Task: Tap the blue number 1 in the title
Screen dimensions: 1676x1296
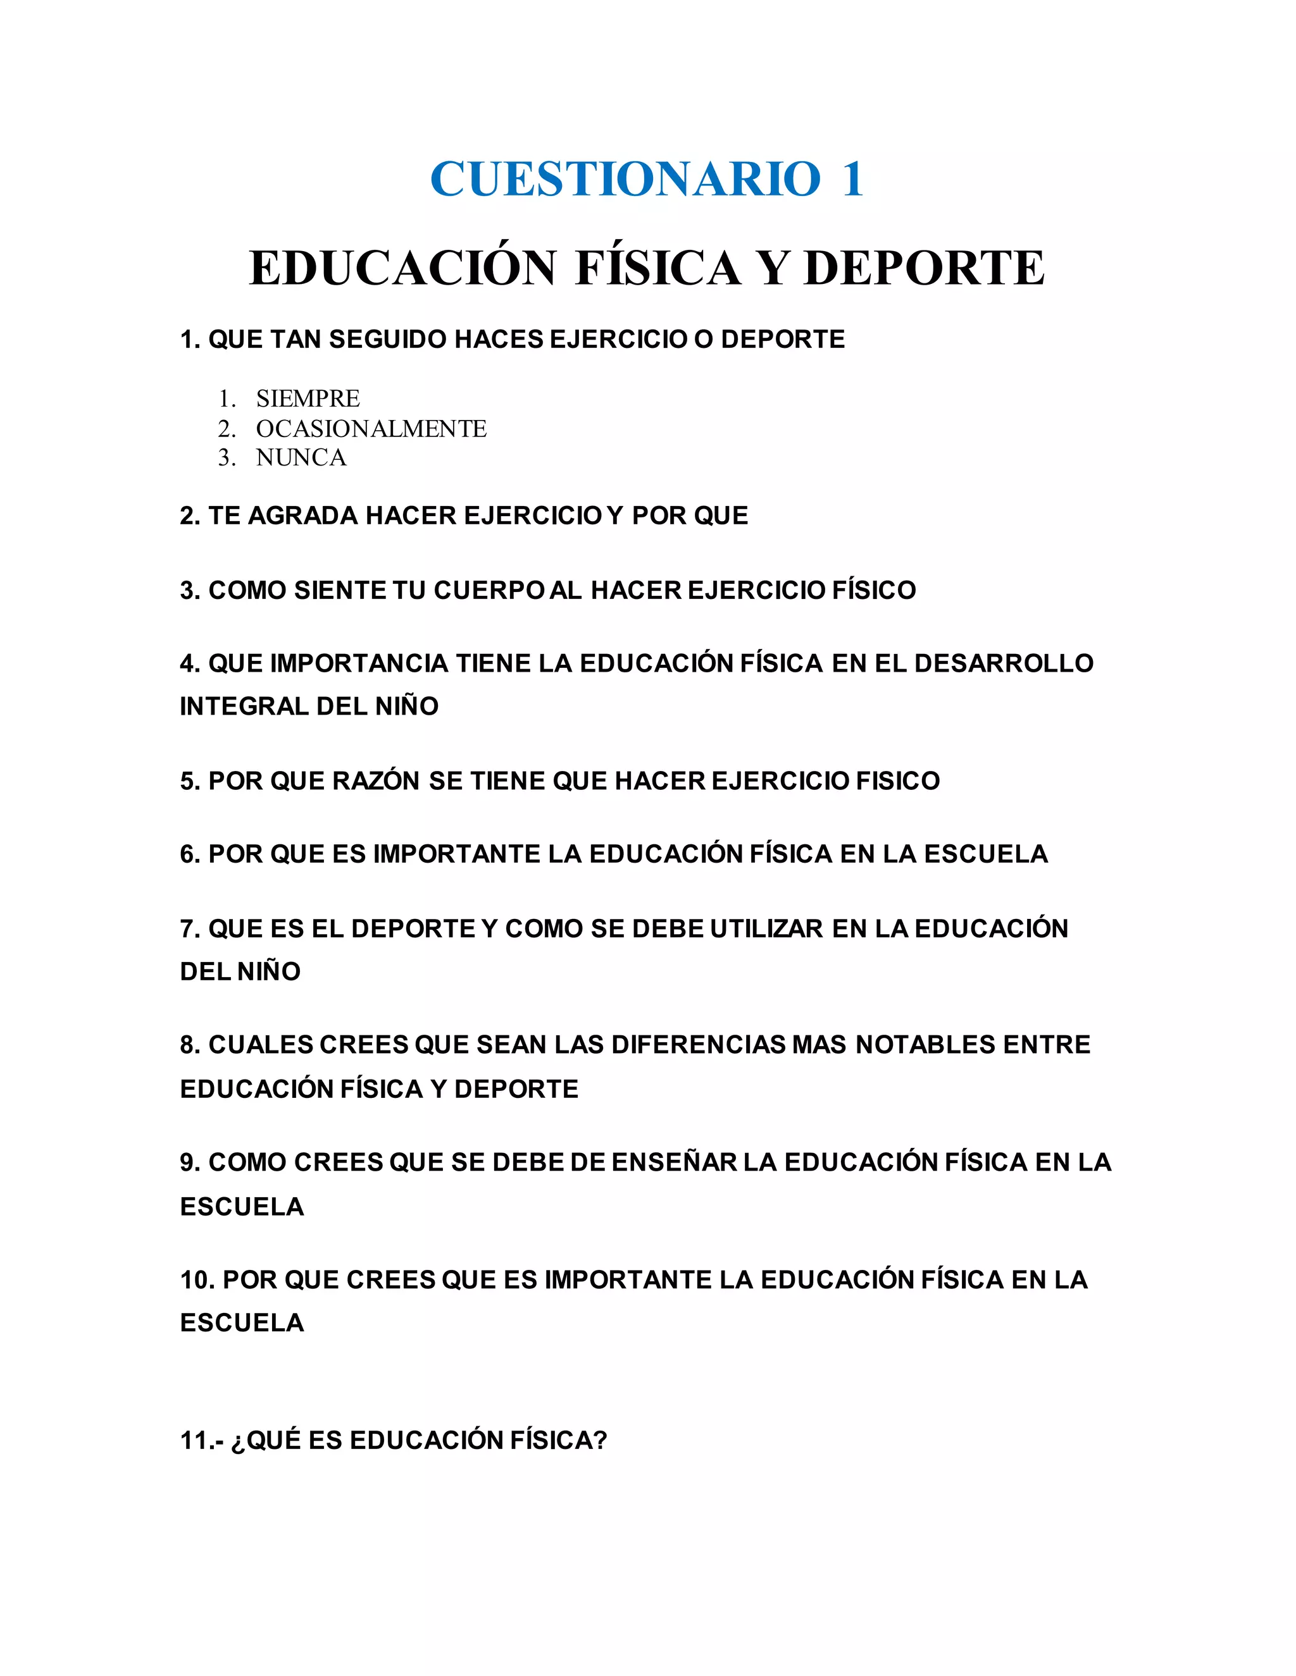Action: (x=852, y=180)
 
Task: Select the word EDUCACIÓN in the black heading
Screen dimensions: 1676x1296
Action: (x=402, y=269)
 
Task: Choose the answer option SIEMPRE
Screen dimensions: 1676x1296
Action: (x=308, y=399)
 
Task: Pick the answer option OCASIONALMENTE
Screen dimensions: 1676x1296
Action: (x=371, y=428)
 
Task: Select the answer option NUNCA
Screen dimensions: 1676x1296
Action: (x=301, y=458)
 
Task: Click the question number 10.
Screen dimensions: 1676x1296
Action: (x=197, y=1280)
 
